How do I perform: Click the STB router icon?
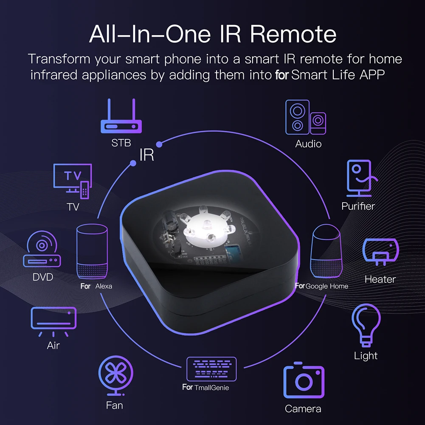click(121, 117)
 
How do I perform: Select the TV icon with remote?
click(73, 180)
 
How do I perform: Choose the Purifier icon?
click(357, 178)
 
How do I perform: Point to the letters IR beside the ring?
click(147, 155)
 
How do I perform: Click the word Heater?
click(380, 279)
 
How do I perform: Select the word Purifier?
click(358, 206)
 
